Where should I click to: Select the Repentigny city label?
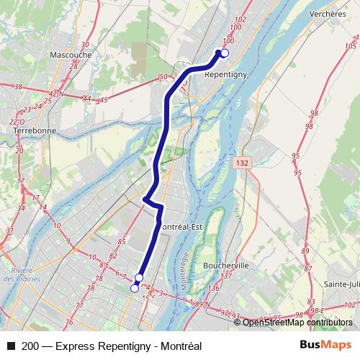[226, 73]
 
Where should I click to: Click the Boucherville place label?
[226, 265]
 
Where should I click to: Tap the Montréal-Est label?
[180, 228]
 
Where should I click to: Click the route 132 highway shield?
[243, 165]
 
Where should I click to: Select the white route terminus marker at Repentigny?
[224, 53]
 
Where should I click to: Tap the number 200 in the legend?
[30, 346]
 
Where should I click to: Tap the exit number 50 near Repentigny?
[163, 77]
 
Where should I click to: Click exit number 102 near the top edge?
[240, 19]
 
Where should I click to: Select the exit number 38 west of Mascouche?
[18, 87]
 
